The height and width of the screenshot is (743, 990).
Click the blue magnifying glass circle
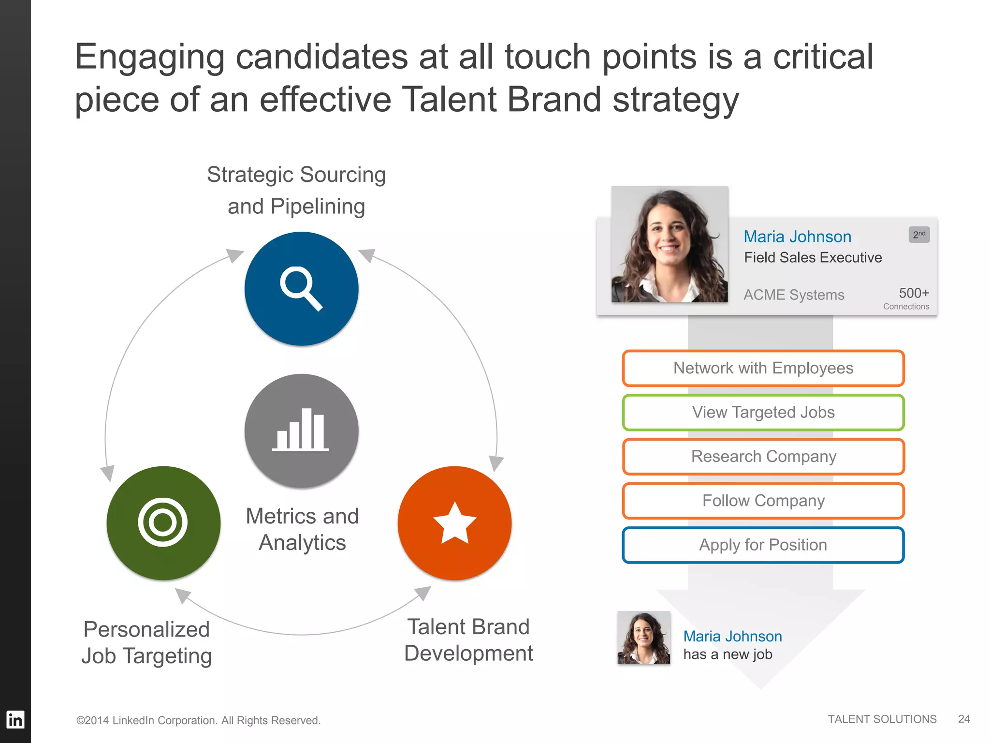coord(301,289)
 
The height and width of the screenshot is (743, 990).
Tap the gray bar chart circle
coord(301,431)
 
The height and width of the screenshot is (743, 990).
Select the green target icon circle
coord(163,523)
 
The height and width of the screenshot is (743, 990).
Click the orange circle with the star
coord(454,523)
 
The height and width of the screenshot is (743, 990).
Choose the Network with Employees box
coord(763,369)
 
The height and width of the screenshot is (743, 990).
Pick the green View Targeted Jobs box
coord(763,413)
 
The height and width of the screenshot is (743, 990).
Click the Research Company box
coord(763,457)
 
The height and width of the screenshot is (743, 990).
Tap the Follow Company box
coord(763,501)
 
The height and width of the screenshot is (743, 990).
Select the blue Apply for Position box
coord(763,545)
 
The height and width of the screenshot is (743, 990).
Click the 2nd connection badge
coord(919,235)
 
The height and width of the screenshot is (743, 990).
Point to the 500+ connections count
coord(914,293)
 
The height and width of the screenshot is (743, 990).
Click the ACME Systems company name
coord(794,295)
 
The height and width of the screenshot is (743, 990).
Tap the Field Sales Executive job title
coord(813,257)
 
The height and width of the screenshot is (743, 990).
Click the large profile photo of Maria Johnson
coord(670,244)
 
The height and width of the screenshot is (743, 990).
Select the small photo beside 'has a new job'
coord(643,638)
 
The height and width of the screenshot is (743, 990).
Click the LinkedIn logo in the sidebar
coord(15,719)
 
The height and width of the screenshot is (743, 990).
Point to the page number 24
coord(964,719)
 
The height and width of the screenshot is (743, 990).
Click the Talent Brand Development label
coord(468,640)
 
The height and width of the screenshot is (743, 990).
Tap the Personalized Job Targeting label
coord(146,643)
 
